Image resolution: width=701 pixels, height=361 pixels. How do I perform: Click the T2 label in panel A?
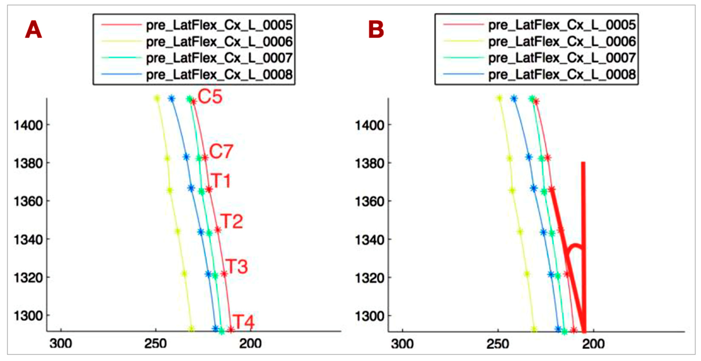(231, 221)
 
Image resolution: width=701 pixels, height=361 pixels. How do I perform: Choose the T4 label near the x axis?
(244, 322)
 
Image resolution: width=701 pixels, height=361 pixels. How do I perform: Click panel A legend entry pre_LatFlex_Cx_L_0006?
(219, 42)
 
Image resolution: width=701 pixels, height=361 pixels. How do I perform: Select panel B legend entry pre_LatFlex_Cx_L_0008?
(562, 74)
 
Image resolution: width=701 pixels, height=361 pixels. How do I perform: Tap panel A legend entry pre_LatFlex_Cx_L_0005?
(219, 25)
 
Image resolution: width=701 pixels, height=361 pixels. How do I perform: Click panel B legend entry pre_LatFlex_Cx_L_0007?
(562, 58)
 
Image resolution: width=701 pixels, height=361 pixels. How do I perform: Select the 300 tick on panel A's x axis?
(61, 344)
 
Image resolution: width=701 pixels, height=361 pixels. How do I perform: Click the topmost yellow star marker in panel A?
(157, 99)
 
